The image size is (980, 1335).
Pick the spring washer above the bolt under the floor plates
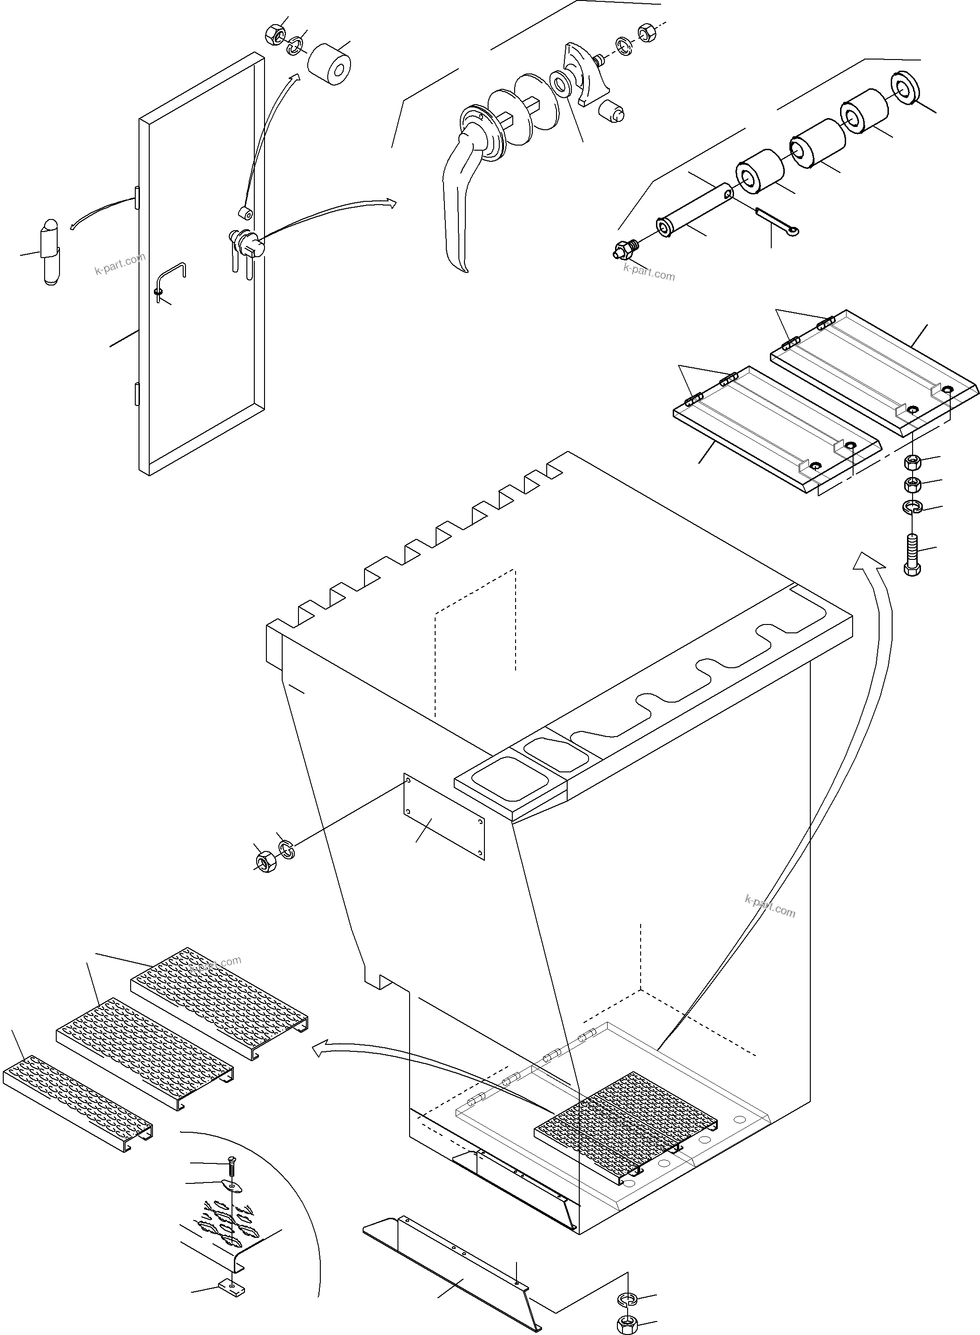912,507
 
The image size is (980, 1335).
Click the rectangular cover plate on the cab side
444,816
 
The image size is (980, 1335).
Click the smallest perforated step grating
77,1102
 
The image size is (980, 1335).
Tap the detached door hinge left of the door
50,252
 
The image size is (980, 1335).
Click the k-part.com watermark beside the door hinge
120,265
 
